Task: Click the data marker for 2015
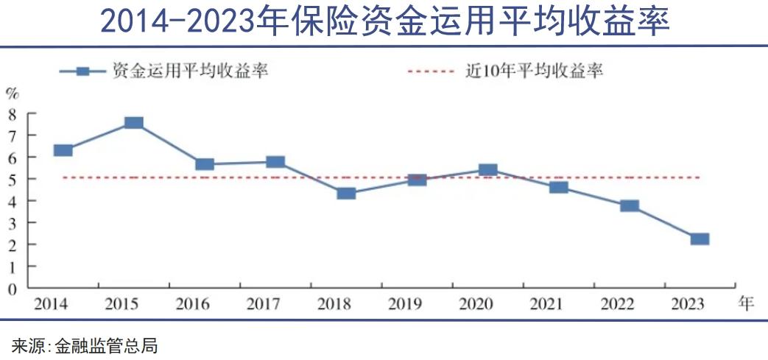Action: (133, 123)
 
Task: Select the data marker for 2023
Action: (700, 239)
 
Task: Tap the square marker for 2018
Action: (346, 194)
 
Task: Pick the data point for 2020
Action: (487, 170)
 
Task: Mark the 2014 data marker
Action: (63, 150)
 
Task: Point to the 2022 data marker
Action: (630, 205)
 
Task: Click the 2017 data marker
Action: (275, 162)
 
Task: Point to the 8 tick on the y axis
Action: (12, 113)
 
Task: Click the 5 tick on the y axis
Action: (12, 179)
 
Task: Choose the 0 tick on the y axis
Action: (12, 289)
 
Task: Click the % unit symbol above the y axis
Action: (12, 93)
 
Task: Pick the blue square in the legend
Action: (82, 71)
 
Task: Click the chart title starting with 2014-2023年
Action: (384, 22)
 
